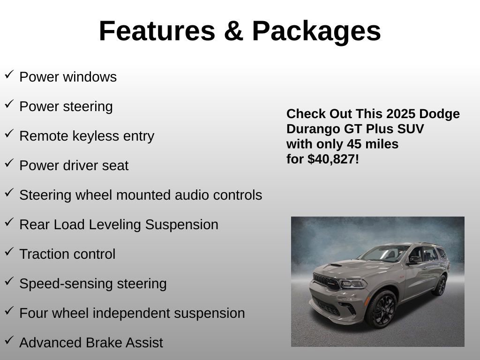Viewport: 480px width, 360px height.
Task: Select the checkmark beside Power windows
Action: (x=9, y=75)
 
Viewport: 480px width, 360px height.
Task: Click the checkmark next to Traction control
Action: (x=9, y=252)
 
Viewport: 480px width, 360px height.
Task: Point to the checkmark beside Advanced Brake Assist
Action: (x=9, y=340)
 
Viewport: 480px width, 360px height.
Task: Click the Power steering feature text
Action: (x=66, y=106)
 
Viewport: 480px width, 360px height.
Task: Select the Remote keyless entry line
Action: (x=87, y=136)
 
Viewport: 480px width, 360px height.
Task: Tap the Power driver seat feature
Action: (x=74, y=165)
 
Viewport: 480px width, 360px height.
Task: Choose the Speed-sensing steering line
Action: (x=93, y=284)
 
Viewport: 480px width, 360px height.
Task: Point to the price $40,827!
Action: (x=333, y=159)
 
